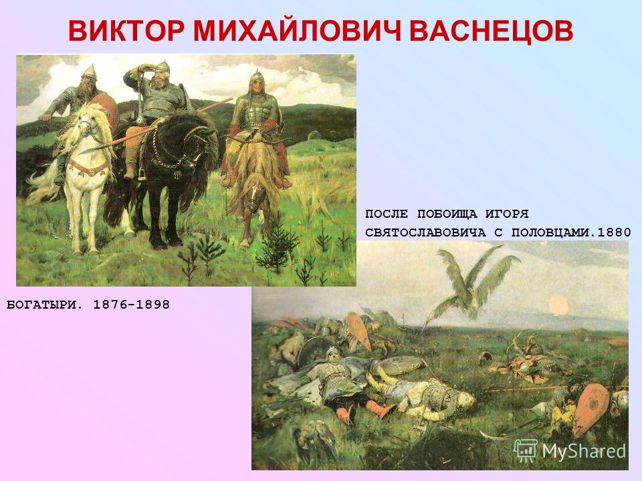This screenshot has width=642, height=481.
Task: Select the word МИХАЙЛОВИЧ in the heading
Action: [297, 31]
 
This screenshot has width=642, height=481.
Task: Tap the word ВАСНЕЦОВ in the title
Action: [491, 31]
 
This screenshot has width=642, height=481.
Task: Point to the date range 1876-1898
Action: [132, 305]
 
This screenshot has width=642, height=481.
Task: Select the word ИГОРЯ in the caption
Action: [508, 214]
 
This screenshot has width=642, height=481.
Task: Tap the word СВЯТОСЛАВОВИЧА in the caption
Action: [425, 232]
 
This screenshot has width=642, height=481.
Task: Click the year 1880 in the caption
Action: [614, 232]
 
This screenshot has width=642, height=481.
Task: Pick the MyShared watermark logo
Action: [570, 451]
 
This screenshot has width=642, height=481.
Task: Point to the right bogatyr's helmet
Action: [257, 78]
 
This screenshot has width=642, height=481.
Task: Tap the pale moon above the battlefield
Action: [559, 305]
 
